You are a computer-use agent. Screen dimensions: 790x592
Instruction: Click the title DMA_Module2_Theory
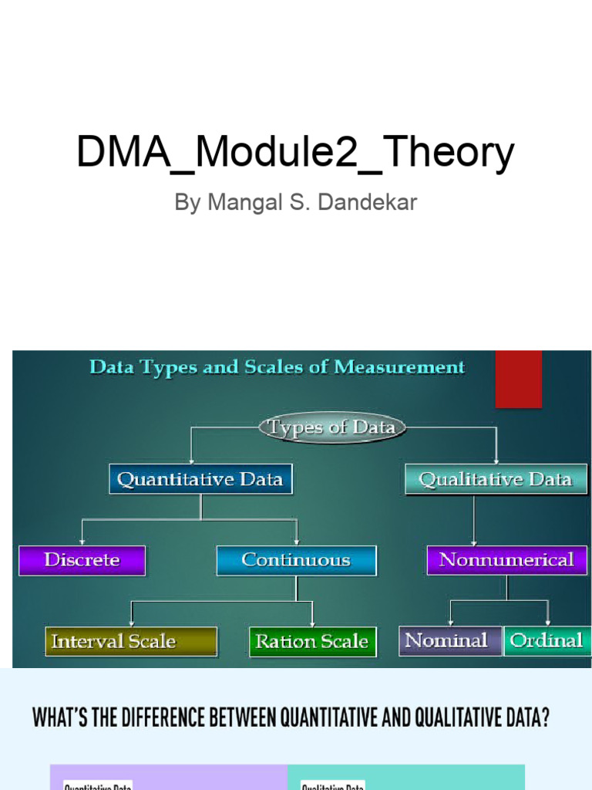pos(295,152)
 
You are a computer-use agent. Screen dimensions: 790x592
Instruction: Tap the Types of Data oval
pos(331,427)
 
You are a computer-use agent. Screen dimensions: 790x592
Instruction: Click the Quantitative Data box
pos(200,479)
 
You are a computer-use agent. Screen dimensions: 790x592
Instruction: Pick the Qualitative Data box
pos(496,479)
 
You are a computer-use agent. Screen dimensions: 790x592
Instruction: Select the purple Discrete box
pos(82,560)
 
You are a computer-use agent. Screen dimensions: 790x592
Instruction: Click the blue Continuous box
pos(296,560)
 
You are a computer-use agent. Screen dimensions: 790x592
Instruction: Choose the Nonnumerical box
pos(506,560)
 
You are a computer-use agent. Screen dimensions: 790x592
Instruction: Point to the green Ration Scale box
pos(312,641)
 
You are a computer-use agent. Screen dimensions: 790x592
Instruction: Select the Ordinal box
pos(547,640)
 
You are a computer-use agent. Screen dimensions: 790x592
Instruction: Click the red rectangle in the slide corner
pos(518,380)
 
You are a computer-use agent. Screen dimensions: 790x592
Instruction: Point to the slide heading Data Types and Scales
pos(277,367)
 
